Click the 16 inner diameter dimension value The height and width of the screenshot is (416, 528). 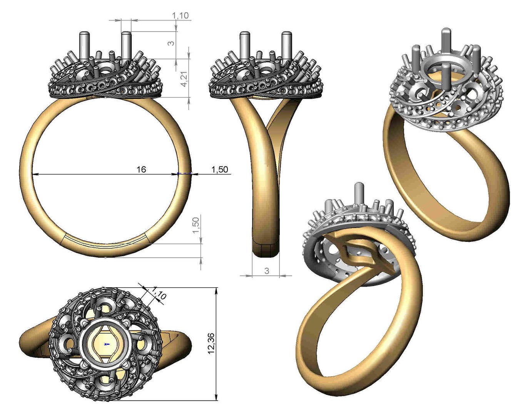pos(141,169)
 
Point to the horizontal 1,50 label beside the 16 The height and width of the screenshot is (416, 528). pos(220,169)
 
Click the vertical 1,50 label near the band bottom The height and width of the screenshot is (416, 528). pos(196,225)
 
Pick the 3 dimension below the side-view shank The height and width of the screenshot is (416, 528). pos(267,271)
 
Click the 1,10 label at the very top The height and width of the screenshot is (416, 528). pos(180,15)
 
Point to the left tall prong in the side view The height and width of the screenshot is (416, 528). pos(244,45)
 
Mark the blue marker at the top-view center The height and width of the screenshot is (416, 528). pos(107,344)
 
